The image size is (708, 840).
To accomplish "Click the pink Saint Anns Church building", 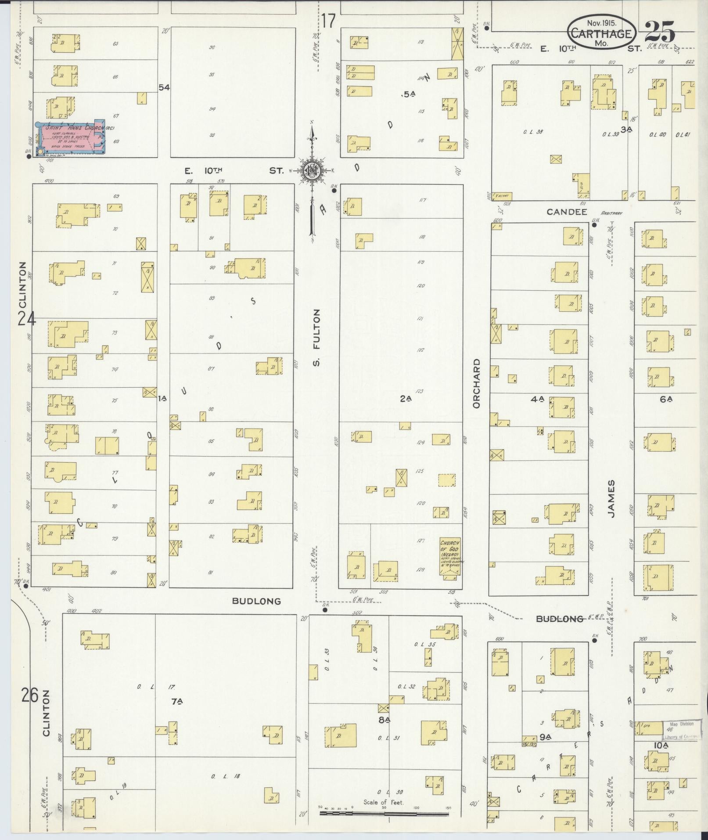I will [x=70, y=137].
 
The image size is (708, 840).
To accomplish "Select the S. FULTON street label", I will [x=317, y=337].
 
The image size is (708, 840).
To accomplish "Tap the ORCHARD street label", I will [x=477, y=383].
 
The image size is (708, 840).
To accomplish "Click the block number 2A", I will [x=406, y=399].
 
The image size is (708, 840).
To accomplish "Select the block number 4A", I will [x=538, y=399].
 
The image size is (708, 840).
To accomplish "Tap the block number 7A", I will [x=177, y=702].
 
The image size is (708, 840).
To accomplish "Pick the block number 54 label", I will [x=164, y=87].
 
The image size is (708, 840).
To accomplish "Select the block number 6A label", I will [x=666, y=399].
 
